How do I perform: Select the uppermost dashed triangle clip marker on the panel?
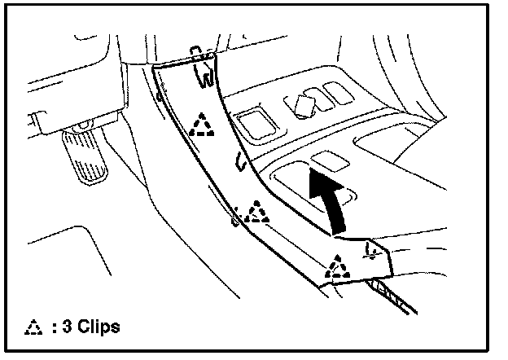point(199,124)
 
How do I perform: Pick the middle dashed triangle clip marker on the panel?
point(258,213)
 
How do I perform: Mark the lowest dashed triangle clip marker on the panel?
point(335,266)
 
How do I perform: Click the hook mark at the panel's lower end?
point(374,251)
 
